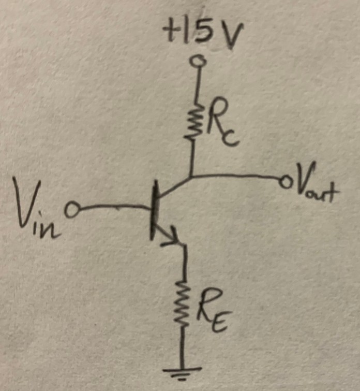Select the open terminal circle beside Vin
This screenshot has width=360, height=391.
74,211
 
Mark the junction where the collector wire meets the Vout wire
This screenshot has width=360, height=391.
191,177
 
